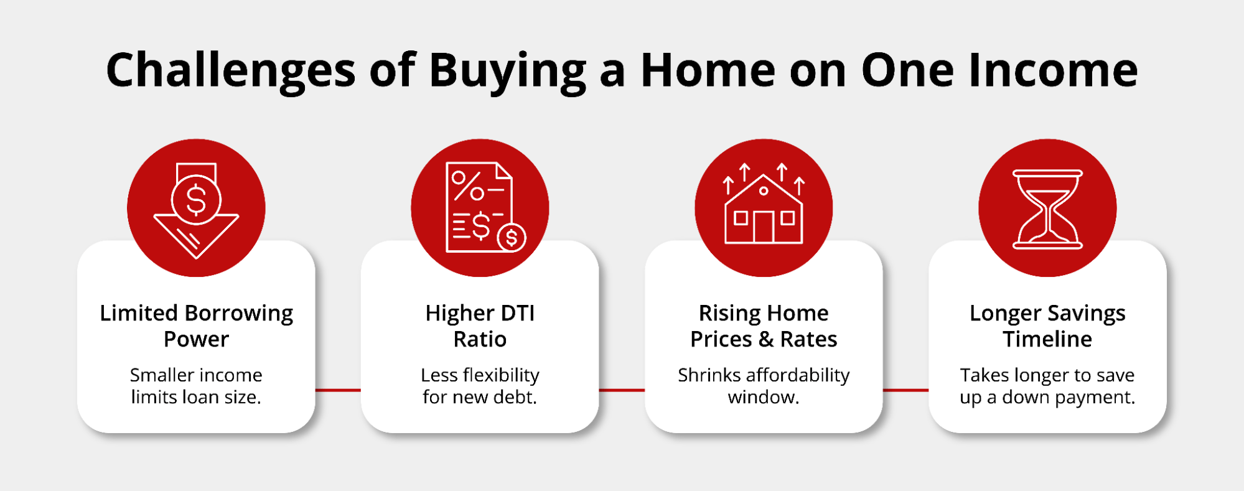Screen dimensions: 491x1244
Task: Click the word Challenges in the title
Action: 230,70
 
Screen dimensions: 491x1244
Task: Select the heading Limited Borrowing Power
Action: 196,325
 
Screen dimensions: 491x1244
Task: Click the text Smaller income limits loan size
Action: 196,386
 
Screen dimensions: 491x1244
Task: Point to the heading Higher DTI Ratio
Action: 480,325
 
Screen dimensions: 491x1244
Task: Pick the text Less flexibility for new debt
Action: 480,386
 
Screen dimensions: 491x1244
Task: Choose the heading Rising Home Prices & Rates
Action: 764,325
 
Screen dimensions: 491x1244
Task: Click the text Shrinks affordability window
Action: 764,386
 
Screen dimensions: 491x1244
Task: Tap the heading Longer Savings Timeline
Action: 1047,325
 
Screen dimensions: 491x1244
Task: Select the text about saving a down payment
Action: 1047,386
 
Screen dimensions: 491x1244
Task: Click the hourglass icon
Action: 1047,209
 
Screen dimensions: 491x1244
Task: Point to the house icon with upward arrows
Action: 764,205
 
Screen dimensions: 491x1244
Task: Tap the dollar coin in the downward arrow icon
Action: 196,200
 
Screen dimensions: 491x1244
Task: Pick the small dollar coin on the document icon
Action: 512,237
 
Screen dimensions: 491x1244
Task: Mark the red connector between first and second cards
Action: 338,390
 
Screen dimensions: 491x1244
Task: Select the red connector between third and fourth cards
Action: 905,390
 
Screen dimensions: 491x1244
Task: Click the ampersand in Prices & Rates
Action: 766,340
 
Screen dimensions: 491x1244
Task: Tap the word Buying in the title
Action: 507,70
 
